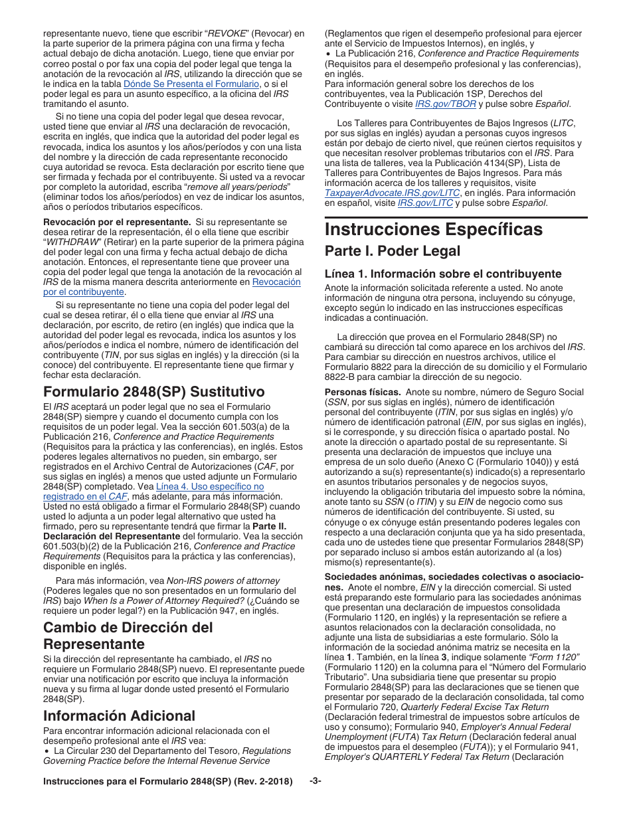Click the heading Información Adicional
click(119, 715)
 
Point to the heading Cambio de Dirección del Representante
click(128, 636)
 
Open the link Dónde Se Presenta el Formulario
click(191, 84)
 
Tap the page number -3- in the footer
click(315, 781)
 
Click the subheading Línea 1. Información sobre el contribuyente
click(442, 274)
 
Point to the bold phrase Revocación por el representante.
click(117, 221)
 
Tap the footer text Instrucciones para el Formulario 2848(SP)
click(167, 782)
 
